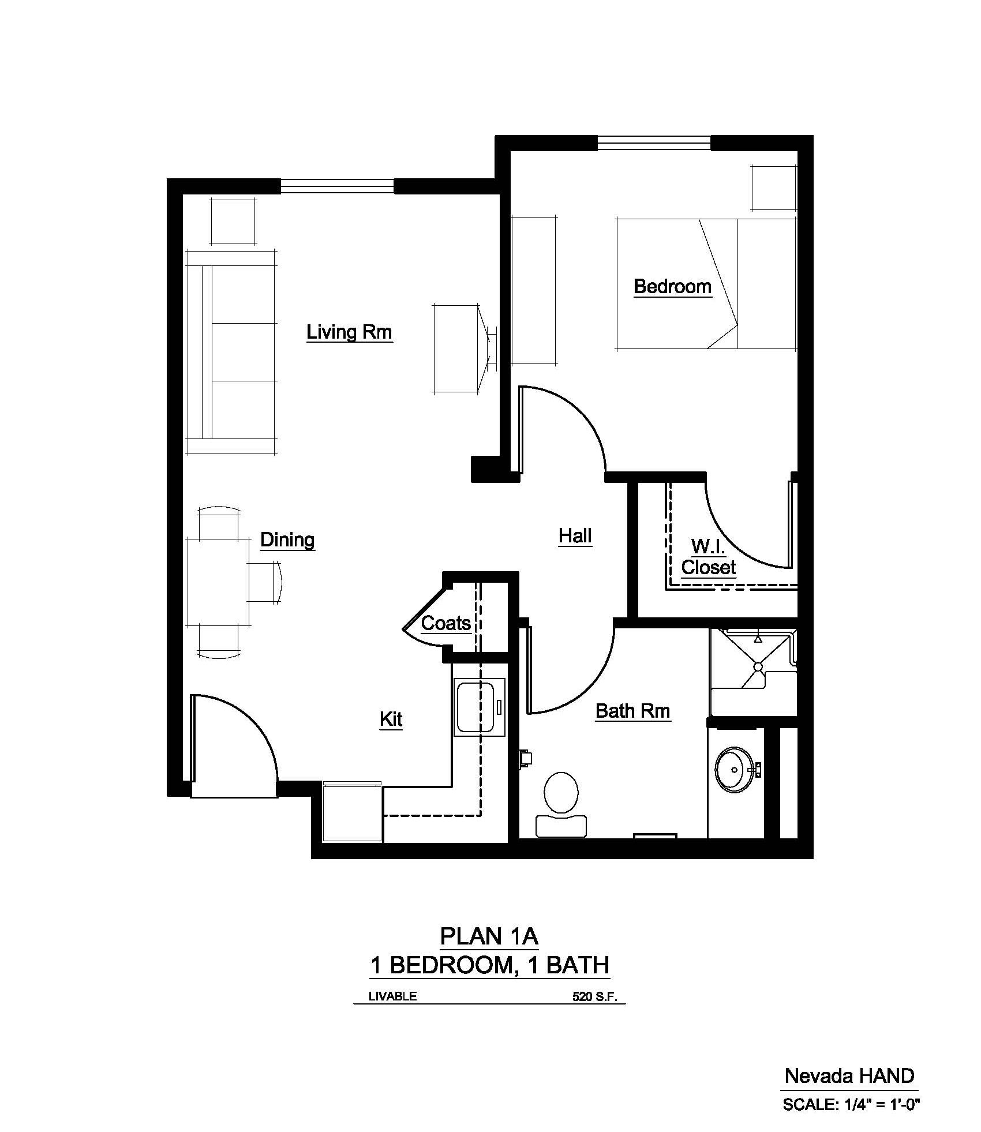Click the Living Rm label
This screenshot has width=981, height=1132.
349,332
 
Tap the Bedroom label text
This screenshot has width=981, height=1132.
672,286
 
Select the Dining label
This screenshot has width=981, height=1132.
287,540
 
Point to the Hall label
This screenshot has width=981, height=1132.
575,536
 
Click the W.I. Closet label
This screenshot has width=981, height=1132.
708,557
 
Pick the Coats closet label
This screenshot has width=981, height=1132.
445,623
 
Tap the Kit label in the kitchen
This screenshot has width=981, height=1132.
391,719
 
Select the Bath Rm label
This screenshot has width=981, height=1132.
632,711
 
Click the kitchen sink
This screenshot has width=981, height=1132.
479,707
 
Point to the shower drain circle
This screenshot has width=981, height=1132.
758,667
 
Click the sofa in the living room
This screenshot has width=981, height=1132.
231,352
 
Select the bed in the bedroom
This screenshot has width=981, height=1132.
706,283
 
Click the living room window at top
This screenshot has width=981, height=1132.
338,186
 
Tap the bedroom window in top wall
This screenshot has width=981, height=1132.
654,143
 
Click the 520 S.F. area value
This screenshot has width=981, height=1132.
598,996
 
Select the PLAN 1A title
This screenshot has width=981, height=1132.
489,936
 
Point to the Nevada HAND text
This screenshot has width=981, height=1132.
849,1075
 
